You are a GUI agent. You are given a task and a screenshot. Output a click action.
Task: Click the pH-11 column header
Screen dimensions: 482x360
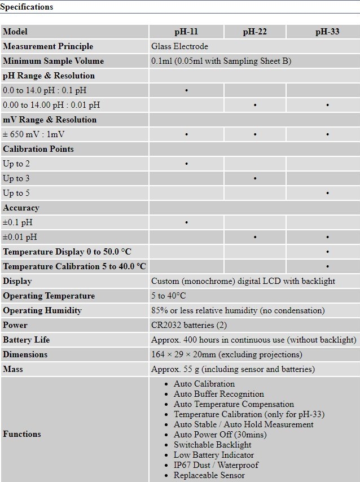(186, 32)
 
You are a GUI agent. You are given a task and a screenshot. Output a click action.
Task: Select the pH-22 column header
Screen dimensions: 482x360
(255, 32)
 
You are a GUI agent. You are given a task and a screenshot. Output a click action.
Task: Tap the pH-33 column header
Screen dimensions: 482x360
(327, 32)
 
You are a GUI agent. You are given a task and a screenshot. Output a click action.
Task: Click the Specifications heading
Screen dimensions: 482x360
(27, 7)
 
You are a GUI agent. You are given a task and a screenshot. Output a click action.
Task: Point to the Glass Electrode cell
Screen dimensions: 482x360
(179, 46)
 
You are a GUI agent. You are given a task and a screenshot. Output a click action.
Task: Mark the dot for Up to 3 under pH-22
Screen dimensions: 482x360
(255, 178)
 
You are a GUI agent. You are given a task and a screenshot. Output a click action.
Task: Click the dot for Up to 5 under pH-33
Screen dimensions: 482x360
(327, 193)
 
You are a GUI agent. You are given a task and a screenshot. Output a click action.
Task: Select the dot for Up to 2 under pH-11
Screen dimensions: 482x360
(186, 164)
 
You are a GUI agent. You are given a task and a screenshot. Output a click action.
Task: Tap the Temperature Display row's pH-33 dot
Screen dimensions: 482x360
(327, 252)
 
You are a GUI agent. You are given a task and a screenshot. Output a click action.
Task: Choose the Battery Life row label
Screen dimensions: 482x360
(27, 340)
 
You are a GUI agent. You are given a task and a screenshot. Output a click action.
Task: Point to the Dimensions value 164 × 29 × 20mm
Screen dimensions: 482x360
(226, 354)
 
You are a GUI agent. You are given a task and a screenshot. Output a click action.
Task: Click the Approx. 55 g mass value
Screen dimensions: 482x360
(232, 369)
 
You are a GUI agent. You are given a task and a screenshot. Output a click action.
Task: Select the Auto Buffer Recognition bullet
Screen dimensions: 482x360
(218, 394)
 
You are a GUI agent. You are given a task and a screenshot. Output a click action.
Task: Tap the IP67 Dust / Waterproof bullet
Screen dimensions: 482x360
(216, 465)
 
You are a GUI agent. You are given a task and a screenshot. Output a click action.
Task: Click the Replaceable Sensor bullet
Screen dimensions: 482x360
(209, 475)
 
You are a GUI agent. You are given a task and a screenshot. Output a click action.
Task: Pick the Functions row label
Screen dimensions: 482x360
(22, 434)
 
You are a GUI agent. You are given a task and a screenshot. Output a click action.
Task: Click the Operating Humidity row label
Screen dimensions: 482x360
(42, 310)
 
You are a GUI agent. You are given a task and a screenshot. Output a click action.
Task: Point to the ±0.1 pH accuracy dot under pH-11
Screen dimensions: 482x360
(186, 222)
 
